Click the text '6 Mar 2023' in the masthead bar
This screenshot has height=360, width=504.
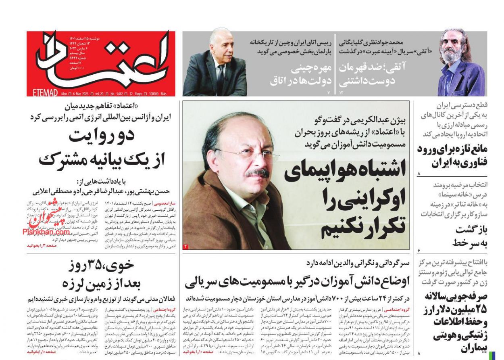[x=80, y=93]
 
